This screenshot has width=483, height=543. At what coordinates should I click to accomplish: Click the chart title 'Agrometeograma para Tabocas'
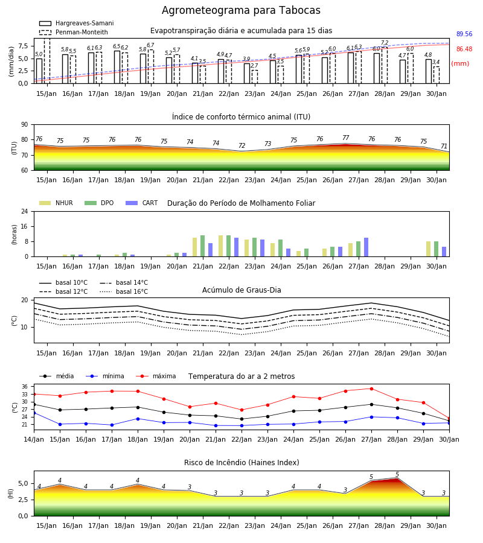(x=241, y=10)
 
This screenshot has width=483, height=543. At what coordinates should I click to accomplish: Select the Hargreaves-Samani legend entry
(x=76, y=23)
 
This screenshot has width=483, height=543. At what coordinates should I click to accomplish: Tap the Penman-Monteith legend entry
(x=74, y=32)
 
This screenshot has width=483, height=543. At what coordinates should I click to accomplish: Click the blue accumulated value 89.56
(x=464, y=34)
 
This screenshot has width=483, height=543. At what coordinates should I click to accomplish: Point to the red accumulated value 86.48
(x=464, y=49)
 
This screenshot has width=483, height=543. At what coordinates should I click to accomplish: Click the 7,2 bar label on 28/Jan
(x=385, y=43)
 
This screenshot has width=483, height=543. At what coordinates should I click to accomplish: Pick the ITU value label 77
(x=345, y=138)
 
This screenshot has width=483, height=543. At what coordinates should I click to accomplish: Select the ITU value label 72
(x=241, y=145)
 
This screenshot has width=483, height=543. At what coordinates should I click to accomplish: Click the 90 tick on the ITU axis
(x=24, y=125)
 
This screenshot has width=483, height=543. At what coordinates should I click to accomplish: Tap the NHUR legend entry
(x=56, y=203)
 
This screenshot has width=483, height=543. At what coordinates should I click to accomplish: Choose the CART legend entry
(x=142, y=203)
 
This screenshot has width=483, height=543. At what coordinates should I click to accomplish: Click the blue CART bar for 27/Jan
(x=366, y=247)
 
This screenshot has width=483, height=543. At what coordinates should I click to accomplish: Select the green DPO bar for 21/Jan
(x=203, y=246)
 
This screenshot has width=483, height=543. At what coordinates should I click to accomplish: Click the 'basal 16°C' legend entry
(x=124, y=291)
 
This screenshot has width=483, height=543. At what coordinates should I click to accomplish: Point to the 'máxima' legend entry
(x=156, y=376)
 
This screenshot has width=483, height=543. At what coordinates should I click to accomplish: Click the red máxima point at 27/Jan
(x=371, y=389)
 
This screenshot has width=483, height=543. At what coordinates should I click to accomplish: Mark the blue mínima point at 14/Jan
(x=34, y=413)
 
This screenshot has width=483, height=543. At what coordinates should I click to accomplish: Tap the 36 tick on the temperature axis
(x=25, y=387)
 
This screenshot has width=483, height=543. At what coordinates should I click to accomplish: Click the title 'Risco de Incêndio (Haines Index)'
(x=241, y=462)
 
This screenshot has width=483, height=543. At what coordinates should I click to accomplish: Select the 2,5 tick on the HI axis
(x=23, y=500)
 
